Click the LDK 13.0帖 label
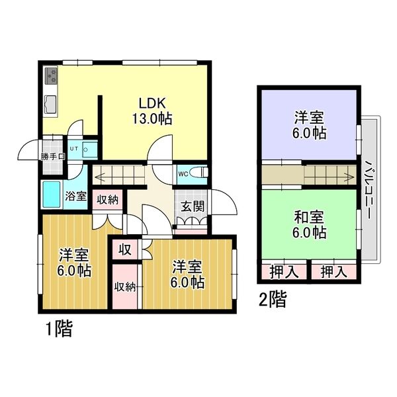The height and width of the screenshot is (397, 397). tap(152, 110)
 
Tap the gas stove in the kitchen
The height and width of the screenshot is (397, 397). tap(52, 75)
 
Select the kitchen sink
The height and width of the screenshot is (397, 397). tap(51, 105)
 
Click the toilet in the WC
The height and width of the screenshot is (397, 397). tap(199, 172)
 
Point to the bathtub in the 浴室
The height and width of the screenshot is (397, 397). tap(52, 195)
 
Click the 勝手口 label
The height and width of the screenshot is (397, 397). tap(53, 157)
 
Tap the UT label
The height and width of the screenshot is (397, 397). tap(74, 149)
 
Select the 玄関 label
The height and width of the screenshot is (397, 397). tap(193, 206)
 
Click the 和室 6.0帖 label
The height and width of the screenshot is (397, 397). tap(309, 225)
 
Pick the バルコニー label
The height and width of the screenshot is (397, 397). tap(369, 189)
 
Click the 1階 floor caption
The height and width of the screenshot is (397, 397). tap(59, 328)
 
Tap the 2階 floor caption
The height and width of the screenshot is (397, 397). tap(273, 299)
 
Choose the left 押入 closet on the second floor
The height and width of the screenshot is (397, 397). tap(284, 272)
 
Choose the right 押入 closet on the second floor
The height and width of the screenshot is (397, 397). tap(333, 272)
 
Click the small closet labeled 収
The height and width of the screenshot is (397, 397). tap(125, 250)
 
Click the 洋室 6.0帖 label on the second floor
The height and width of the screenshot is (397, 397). tap(309, 125)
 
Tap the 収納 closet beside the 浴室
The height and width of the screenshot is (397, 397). tap(107, 200)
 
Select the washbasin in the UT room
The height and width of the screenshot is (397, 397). tap(90, 150)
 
